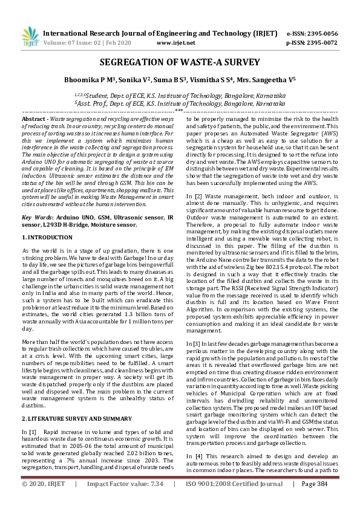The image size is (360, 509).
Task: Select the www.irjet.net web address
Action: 175,43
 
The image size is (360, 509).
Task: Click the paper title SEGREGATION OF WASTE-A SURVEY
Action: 180,62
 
